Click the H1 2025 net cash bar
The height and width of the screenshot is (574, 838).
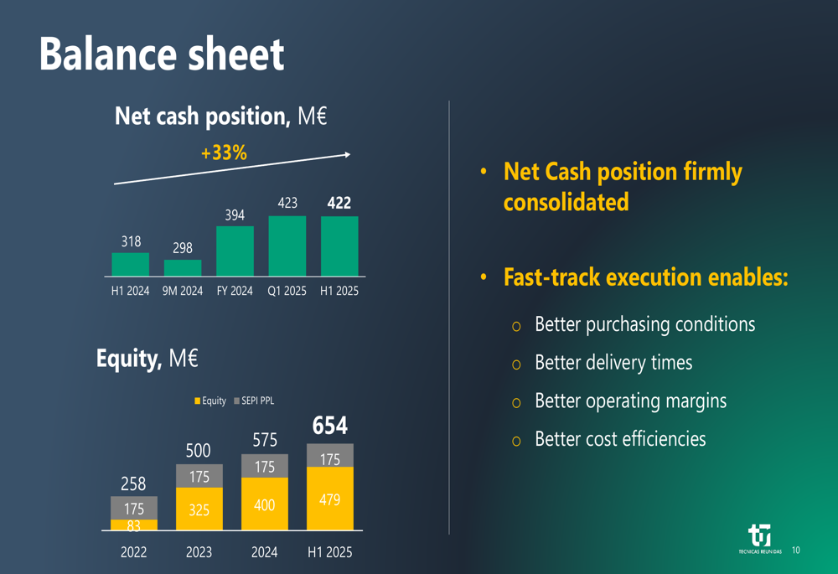pyautogui.click(x=339, y=246)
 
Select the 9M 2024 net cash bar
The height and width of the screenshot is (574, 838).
pyautogui.click(x=183, y=268)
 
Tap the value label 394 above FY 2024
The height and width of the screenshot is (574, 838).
pyautogui.click(x=235, y=215)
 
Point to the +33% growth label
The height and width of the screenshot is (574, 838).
pyautogui.click(x=224, y=153)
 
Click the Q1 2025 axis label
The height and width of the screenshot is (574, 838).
pyautogui.click(x=287, y=292)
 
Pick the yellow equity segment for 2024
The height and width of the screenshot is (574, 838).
pyautogui.click(x=264, y=504)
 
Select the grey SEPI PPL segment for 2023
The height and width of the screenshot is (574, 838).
pyautogui.click(x=199, y=476)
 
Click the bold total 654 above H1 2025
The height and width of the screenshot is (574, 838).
pyautogui.click(x=329, y=426)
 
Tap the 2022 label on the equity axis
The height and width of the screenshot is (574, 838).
pyautogui.click(x=133, y=552)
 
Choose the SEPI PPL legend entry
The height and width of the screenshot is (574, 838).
pyautogui.click(x=254, y=401)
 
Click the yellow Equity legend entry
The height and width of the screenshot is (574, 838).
pyautogui.click(x=210, y=401)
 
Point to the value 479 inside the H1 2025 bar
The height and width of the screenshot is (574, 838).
pyautogui.click(x=330, y=499)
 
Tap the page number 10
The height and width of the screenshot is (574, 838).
pyautogui.click(x=795, y=551)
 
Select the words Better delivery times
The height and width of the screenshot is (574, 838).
pyautogui.click(x=613, y=363)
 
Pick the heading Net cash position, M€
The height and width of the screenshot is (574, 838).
pyautogui.click(x=220, y=116)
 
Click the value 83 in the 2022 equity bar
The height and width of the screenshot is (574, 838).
pyautogui.click(x=134, y=525)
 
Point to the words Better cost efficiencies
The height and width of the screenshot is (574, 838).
pyautogui.click(x=620, y=439)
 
